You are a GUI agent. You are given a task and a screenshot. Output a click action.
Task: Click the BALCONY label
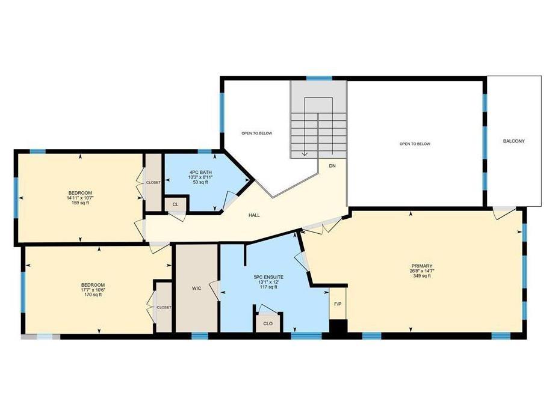point(514,141)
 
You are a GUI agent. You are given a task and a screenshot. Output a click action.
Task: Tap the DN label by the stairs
point(332,165)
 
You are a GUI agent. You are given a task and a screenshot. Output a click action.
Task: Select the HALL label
point(254,215)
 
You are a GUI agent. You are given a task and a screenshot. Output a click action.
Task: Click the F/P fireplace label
point(338,304)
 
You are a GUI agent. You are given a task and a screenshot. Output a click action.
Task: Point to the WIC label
point(196,289)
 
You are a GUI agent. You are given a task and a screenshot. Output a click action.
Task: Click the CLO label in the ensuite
point(268,323)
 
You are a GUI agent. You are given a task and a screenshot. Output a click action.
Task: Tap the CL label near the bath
point(175,204)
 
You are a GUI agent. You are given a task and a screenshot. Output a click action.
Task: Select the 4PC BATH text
point(194,172)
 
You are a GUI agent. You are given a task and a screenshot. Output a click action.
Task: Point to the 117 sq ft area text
point(268,287)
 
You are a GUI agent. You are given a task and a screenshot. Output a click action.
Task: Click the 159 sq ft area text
point(79,203)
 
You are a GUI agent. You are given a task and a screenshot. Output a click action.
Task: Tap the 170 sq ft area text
point(93,295)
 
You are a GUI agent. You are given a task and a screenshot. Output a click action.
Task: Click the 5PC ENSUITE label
point(268,277)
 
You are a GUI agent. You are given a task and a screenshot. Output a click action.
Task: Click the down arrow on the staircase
point(305,151)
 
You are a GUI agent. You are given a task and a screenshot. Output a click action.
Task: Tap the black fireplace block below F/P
point(338,326)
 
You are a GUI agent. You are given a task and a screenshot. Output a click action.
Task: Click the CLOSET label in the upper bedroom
point(153,182)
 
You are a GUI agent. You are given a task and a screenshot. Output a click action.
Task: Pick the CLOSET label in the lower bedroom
point(164,307)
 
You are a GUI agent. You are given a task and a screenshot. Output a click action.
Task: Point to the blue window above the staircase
point(319,78)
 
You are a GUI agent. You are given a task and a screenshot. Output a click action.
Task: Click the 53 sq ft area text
point(194,182)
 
